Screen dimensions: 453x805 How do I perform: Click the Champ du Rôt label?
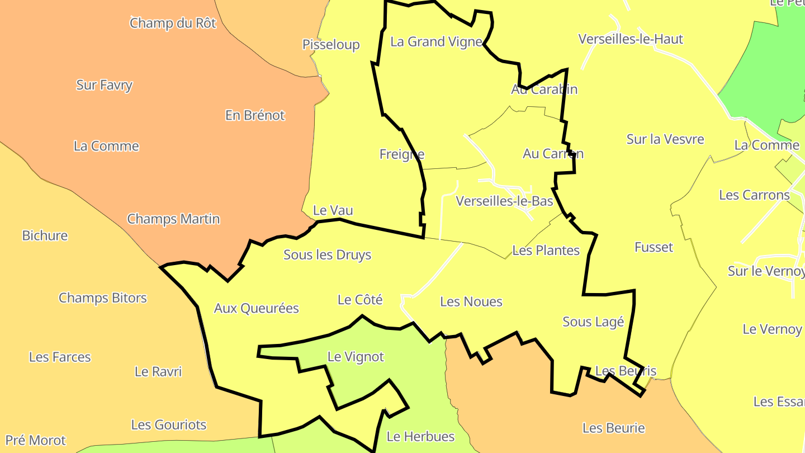click(x=173, y=23)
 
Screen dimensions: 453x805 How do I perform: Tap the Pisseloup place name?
click(x=331, y=45)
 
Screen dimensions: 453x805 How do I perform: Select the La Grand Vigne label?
click(x=436, y=41)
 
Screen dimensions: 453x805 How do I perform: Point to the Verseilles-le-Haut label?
click(x=631, y=39)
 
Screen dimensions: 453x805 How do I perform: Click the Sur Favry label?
click(x=105, y=85)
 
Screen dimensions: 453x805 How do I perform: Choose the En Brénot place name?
click(x=255, y=115)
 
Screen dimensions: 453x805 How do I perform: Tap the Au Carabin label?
click(x=544, y=89)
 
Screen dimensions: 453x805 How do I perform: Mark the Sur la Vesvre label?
click(x=665, y=139)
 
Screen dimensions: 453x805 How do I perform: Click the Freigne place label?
click(x=401, y=154)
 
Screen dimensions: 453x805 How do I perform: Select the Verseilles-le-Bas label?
click(x=504, y=201)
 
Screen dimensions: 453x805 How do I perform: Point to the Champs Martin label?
click(x=173, y=219)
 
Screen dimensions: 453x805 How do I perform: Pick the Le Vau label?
click(x=333, y=210)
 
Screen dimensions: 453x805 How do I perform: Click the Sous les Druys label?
click(x=327, y=255)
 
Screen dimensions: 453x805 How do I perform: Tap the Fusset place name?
click(x=654, y=247)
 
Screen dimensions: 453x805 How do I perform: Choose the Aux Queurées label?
click(x=257, y=308)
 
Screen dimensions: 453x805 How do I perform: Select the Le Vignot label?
click(x=356, y=357)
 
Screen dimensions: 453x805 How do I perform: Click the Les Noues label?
click(x=471, y=302)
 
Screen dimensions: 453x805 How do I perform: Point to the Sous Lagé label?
click(x=593, y=322)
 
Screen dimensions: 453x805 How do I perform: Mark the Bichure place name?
click(x=45, y=235)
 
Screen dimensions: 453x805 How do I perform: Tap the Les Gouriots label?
click(x=169, y=425)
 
